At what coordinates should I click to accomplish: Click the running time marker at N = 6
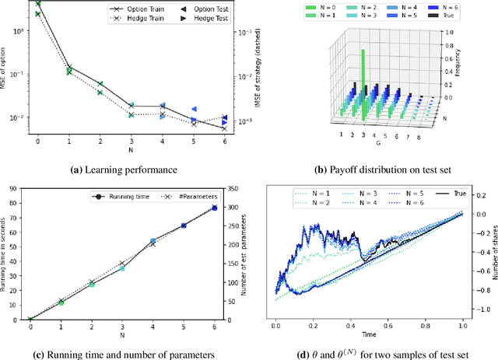point(215,208)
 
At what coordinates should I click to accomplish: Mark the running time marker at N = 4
point(153,242)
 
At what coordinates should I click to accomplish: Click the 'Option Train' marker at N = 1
point(68,67)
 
